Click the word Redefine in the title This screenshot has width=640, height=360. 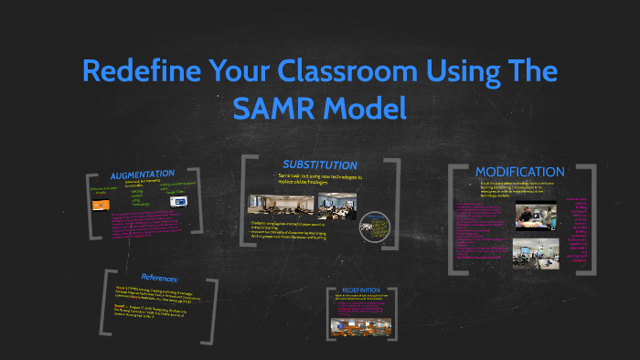[139, 71]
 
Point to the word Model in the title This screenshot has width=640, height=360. [364, 109]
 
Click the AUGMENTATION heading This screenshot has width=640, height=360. [142, 175]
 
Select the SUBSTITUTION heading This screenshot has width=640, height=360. [319, 164]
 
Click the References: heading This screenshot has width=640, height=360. [160, 277]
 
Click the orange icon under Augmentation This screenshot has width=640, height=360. [101, 205]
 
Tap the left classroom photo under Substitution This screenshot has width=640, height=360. [271, 204]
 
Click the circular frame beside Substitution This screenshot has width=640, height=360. [375, 228]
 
